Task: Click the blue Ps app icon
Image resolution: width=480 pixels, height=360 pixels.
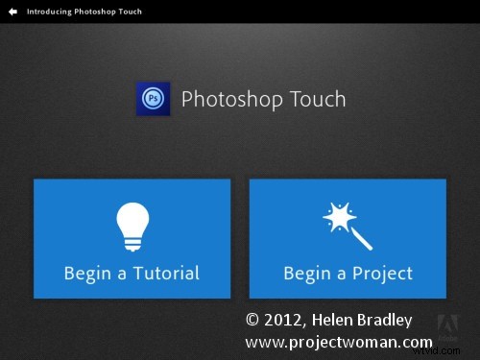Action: [154, 99]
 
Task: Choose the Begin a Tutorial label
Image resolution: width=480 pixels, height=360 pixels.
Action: [132, 274]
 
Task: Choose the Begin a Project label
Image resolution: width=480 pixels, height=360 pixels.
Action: [348, 274]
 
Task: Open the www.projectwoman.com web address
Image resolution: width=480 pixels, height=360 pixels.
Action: [339, 342]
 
